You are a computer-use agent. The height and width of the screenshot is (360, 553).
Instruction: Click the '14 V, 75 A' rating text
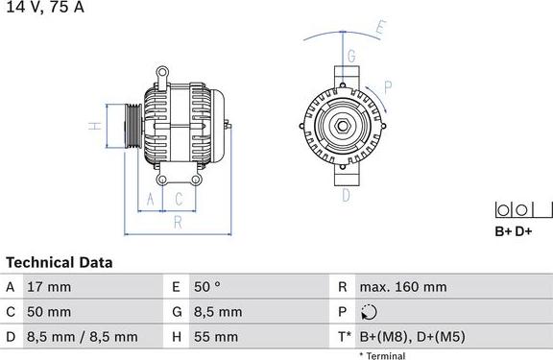coord(44,7)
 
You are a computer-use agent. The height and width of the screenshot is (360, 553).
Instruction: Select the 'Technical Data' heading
coord(60,262)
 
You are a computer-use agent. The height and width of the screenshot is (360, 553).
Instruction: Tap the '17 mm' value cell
coord(51,287)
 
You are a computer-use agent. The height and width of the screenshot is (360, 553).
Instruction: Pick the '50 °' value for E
coord(208,287)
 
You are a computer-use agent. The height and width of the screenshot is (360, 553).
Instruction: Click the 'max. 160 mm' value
coord(402,287)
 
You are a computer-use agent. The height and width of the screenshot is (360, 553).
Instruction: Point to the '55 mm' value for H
coord(217,337)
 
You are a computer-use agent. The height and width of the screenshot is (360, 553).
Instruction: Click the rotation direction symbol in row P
coord(372,312)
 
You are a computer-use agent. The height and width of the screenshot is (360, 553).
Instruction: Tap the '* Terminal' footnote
coord(382,355)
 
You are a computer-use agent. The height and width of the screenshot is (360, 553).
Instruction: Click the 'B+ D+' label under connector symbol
coord(513,231)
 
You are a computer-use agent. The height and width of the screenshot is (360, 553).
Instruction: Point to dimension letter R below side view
coord(178,223)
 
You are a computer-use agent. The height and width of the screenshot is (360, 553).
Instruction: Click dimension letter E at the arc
coord(380,28)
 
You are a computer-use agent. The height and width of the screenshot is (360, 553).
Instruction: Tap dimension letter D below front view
coord(346,195)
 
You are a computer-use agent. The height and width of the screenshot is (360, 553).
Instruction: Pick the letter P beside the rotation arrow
coord(387,86)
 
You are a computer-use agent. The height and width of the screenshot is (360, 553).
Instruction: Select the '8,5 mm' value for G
coord(217,312)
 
